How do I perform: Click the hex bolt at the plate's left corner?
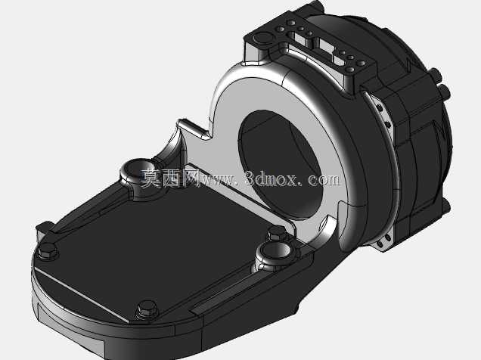(x=48, y=251)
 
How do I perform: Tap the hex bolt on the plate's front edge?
(x=147, y=309)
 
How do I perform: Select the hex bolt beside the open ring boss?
(x=277, y=233)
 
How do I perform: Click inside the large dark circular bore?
(x=281, y=166)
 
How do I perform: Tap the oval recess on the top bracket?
(x=262, y=38)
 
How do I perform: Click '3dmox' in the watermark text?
(x=272, y=179)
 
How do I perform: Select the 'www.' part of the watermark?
(x=219, y=180)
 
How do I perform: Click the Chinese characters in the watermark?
(x=169, y=178)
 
